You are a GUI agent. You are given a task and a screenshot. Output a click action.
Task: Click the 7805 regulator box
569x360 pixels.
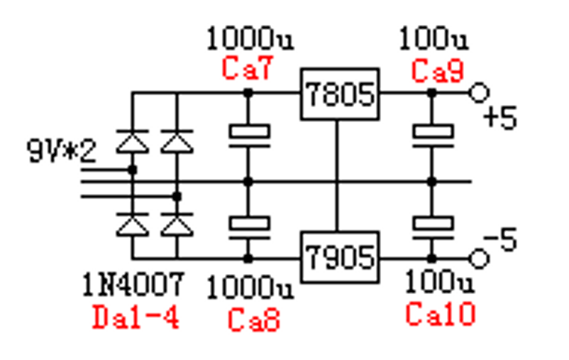click(x=339, y=94)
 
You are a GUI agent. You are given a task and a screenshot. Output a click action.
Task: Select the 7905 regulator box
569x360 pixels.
click(x=339, y=257)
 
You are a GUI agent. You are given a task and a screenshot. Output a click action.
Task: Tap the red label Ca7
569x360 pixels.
click(x=248, y=69)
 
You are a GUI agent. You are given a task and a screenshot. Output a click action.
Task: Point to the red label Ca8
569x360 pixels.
click(x=254, y=320)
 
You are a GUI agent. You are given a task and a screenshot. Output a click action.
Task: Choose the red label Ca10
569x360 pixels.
click(x=440, y=313)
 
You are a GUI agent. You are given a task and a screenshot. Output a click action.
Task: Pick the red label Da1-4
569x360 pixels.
click(x=136, y=317)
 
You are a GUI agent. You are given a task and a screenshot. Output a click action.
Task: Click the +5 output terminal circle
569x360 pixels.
click(x=480, y=93)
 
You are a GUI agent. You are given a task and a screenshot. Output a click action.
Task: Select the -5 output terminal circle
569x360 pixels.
click(x=480, y=258)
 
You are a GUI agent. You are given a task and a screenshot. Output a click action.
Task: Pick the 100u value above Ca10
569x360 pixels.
click(x=440, y=283)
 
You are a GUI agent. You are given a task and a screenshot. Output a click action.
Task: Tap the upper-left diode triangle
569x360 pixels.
click(x=132, y=141)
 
